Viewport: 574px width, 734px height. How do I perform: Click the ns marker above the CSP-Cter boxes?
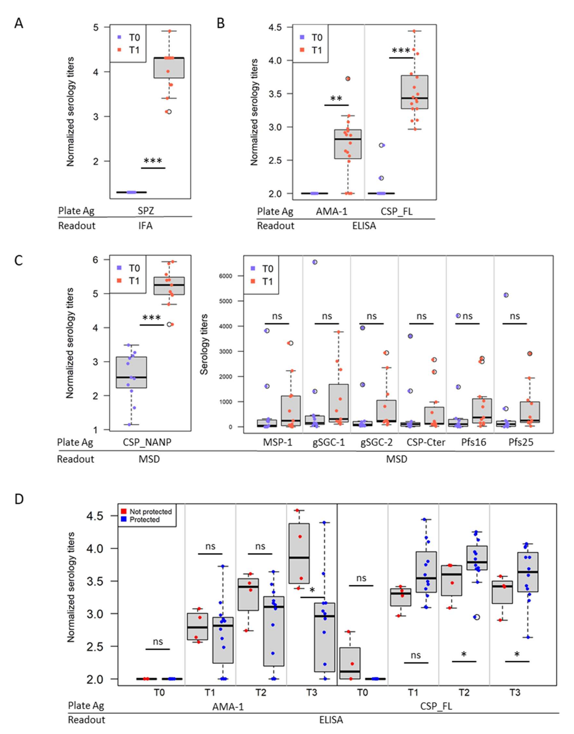click(x=421, y=316)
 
